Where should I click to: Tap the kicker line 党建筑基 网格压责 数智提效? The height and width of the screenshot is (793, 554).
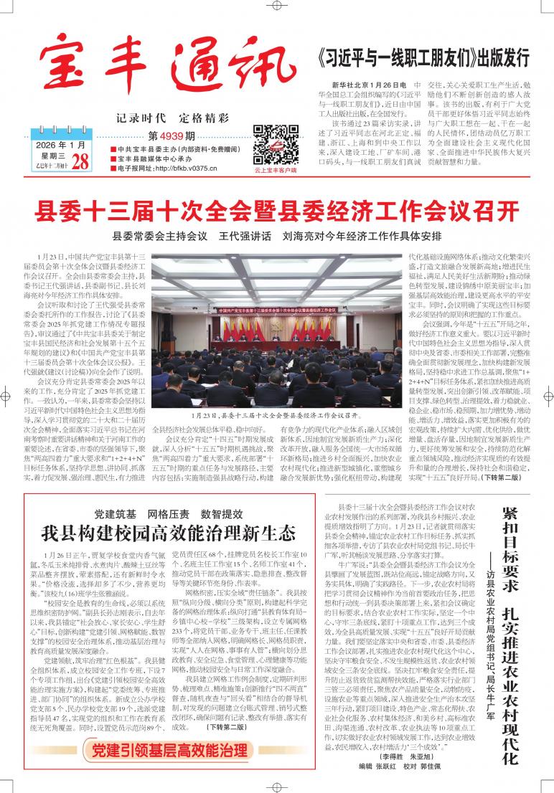click(x=168, y=513)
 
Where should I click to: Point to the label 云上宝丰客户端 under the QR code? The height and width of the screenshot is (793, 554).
click(x=275, y=171)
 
